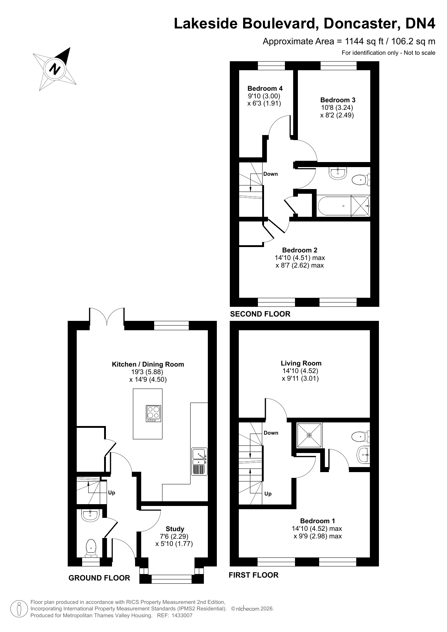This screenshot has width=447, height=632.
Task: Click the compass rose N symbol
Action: pos(55,68)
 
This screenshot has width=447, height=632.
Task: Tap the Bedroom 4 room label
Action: pos(265,88)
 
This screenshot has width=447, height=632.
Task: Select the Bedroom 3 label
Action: pos(338,100)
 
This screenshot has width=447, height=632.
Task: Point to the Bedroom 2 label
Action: pos(299,250)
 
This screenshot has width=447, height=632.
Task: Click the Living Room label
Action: pos(301,363)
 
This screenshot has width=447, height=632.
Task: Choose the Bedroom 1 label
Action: pos(317,521)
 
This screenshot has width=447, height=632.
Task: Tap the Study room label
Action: pos(175,529)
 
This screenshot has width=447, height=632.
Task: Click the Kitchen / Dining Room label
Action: pos(148,364)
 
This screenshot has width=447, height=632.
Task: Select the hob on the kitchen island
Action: pos(153,413)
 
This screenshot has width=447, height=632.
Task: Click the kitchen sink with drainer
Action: pos(199,462)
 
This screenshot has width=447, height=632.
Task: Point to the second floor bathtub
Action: pos(334,206)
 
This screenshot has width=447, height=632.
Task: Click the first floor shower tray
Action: pos(309,435)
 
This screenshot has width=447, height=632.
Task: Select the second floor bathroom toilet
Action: pos(360,179)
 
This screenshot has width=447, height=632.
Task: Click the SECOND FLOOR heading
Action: pos(260,314)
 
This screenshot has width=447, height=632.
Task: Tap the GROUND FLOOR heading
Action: pos(99,578)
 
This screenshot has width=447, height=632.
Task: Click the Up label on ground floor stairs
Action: pos(112,493)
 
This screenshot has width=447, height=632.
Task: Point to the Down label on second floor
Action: pos(271,174)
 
